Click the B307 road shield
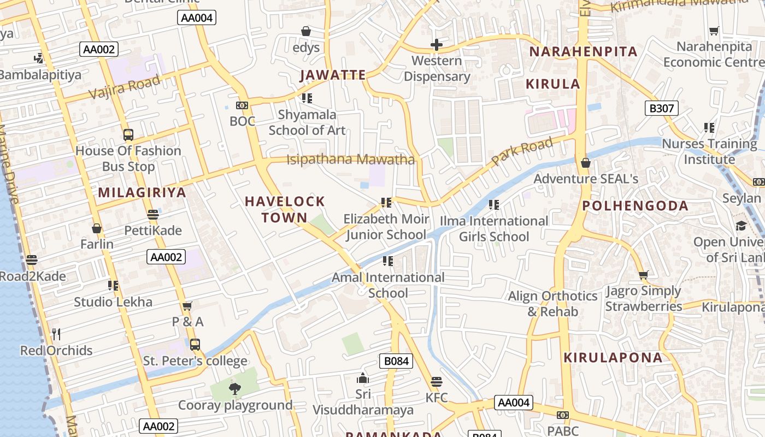click(x=661, y=108)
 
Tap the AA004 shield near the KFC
click(x=514, y=403)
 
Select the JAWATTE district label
click(x=332, y=75)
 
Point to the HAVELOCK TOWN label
click(x=285, y=209)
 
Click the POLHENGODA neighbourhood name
click(x=635, y=206)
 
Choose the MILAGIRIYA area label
click(x=142, y=192)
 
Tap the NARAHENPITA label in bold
click(x=584, y=52)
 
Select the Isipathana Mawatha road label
click(x=351, y=160)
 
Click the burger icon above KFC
click(x=436, y=381)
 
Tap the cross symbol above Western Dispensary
click(x=436, y=45)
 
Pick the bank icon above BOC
click(x=242, y=105)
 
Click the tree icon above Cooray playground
click(x=235, y=389)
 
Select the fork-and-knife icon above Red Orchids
click(x=56, y=333)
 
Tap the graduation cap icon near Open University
click(x=741, y=226)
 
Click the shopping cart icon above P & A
click(x=187, y=306)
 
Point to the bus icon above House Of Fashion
click(x=128, y=134)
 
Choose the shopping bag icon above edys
click(x=306, y=31)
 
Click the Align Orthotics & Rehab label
click(x=552, y=304)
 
